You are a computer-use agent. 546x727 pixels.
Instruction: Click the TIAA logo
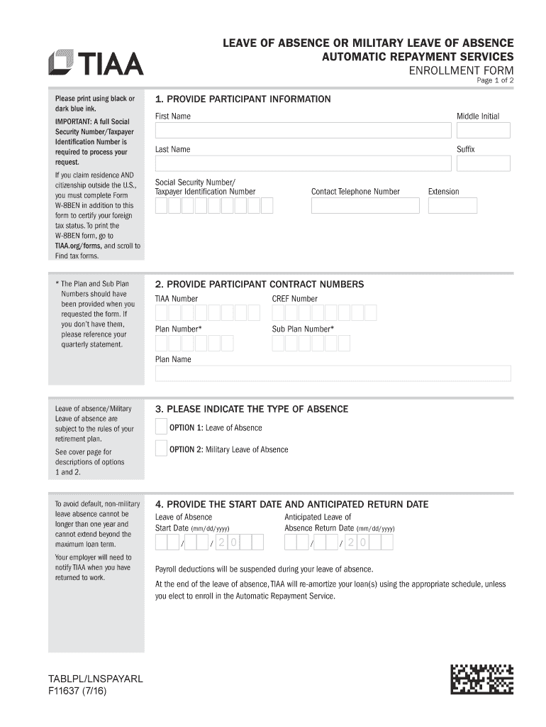coord(96,63)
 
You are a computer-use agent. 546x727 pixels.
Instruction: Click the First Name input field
coord(303,130)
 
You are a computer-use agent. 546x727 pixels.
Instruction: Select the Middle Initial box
coord(483,130)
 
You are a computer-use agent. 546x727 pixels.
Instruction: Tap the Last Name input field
coord(303,163)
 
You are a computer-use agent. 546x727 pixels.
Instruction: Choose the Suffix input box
coord(483,163)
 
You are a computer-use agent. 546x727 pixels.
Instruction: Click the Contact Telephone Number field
coord(365,206)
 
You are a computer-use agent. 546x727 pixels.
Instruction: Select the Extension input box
coord(452,206)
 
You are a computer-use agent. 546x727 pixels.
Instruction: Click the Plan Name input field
coord(333,373)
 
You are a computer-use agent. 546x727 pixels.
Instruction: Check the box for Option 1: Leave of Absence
coord(162,427)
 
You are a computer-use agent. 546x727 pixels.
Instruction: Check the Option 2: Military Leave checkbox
coord(162,449)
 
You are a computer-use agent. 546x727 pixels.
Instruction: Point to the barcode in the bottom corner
coord(481,679)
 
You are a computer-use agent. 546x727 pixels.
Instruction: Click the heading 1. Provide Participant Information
coord(243,99)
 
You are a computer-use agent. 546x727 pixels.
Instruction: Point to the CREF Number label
coord(294,299)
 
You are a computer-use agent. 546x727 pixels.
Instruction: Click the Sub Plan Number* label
coord(303,329)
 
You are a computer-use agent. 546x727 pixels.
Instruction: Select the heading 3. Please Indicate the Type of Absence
coord(252,409)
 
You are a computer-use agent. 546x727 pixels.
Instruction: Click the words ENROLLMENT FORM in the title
coord(462,70)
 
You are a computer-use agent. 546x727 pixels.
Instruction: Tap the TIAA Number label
coord(177,299)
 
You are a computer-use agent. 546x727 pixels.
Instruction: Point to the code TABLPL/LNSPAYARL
coord(95,679)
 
